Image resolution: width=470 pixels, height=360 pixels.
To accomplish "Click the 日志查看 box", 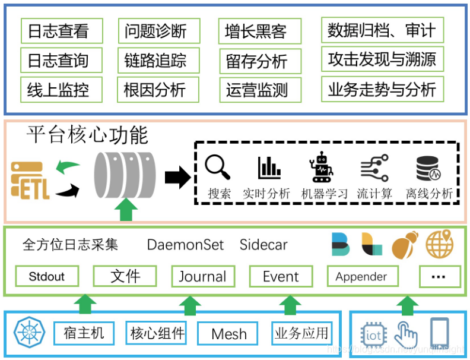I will pyautogui.click(x=61, y=31).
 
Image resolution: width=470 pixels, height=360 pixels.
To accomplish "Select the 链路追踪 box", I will pyautogui.click(x=158, y=61).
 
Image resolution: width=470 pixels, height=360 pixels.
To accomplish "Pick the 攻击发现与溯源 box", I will pyautogui.click(x=382, y=59).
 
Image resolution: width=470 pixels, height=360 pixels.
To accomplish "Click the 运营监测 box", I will pyautogui.click(x=259, y=90).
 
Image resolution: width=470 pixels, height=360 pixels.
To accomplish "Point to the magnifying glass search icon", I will pyautogui.click(x=218, y=168).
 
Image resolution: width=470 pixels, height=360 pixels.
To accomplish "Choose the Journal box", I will pyautogui.click(x=203, y=276).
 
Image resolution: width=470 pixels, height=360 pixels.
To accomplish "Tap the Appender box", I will pyautogui.click(x=361, y=276).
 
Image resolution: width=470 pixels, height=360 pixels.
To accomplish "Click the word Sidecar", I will pyautogui.click(x=263, y=245).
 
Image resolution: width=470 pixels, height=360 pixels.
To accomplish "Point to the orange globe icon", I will pyautogui.click(x=439, y=244).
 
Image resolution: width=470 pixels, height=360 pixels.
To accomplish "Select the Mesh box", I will pyautogui.click(x=228, y=334).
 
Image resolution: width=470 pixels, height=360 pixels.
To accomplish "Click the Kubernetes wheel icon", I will pyautogui.click(x=27, y=332).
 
